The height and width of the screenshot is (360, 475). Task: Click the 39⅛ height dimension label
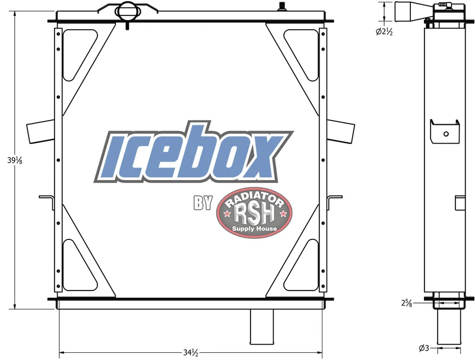click(15, 160)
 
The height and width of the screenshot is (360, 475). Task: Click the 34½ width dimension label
click(191, 353)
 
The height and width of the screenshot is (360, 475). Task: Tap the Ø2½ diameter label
click(384, 32)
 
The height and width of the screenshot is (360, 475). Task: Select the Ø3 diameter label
click(424, 349)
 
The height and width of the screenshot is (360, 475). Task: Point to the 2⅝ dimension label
click(407, 303)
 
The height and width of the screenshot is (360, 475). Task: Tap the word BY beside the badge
click(202, 203)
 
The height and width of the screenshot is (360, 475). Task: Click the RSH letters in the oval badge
click(255, 213)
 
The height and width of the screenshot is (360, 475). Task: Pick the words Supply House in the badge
click(255, 229)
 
